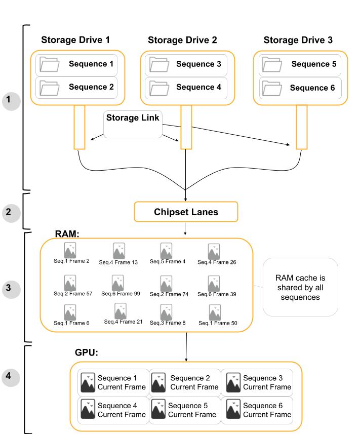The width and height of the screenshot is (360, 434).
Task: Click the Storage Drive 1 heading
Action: tap(75, 40)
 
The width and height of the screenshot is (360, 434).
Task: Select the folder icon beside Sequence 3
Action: tap(159, 64)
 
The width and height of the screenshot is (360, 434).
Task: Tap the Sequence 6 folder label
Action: tap(312, 88)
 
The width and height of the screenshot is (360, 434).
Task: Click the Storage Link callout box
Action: tap(133, 124)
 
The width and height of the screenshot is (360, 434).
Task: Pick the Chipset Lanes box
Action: tap(186, 212)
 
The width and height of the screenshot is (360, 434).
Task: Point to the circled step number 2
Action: tap(11, 212)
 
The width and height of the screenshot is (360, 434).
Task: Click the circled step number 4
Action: tap(11, 377)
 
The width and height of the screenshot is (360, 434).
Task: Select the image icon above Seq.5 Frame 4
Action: tap(166, 251)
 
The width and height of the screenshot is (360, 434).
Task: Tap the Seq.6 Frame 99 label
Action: tap(121, 294)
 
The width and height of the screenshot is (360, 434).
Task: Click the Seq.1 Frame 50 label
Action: tap(218, 323)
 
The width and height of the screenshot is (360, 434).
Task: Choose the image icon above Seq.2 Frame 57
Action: tap(70, 283)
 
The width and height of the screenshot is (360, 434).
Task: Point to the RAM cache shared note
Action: tap(300, 287)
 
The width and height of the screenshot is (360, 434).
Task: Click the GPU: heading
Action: tap(87, 352)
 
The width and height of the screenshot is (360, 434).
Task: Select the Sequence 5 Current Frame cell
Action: tap(185, 410)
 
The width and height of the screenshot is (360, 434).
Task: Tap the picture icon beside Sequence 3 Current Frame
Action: tap(233, 382)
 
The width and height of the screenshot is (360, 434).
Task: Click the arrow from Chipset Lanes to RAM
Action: tap(185, 228)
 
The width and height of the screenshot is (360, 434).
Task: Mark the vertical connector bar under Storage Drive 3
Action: tap(302, 127)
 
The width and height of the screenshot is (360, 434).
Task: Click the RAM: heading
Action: tap(67, 234)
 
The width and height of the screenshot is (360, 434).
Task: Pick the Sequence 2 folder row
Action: tap(76, 87)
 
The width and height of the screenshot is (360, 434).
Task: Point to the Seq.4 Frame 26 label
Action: tap(217, 262)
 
